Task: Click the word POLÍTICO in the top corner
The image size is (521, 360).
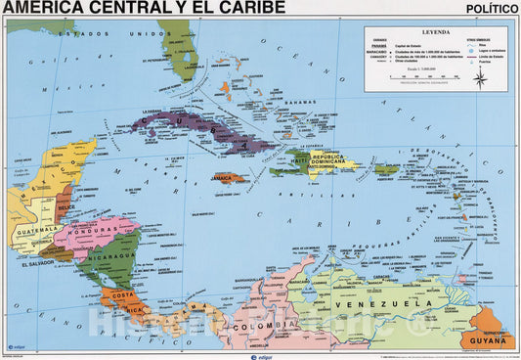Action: [492, 8]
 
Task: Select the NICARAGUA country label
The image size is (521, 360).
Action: [107, 256]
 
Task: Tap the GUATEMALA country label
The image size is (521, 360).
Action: [35, 232]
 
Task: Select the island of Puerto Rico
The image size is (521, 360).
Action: [386, 168]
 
